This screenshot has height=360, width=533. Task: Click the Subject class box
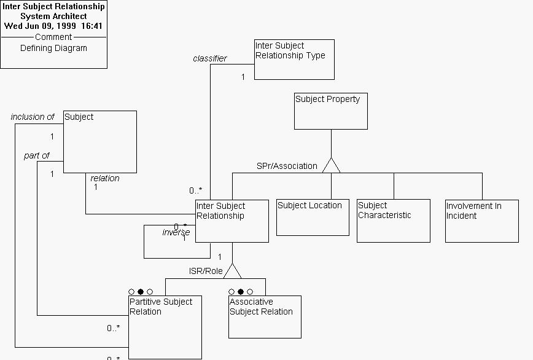(100, 141)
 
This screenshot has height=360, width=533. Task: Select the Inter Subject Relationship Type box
(294, 60)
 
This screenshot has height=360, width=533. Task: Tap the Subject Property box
(330, 111)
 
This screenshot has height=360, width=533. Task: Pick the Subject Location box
(313, 217)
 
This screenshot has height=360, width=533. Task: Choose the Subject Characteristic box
(393, 221)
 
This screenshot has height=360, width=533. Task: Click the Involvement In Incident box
(481, 221)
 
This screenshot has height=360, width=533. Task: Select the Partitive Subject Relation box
(165, 327)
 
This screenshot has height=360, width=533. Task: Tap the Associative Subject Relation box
(265, 316)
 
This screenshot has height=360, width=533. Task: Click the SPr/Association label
(287, 166)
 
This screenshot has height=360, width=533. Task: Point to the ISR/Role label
(206, 271)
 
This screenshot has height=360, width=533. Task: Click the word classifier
(209, 59)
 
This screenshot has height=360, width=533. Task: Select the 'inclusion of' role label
(33, 117)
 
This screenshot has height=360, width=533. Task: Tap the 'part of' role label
(37, 155)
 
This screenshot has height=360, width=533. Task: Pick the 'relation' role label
(105, 178)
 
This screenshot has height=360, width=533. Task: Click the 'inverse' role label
(176, 232)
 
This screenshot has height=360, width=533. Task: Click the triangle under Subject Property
(331, 165)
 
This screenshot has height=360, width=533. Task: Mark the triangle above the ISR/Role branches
(232, 270)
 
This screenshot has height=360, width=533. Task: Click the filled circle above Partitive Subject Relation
(141, 292)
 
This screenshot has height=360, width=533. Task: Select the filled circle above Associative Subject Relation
(241, 292)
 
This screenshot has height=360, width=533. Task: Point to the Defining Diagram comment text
(53, 48)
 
